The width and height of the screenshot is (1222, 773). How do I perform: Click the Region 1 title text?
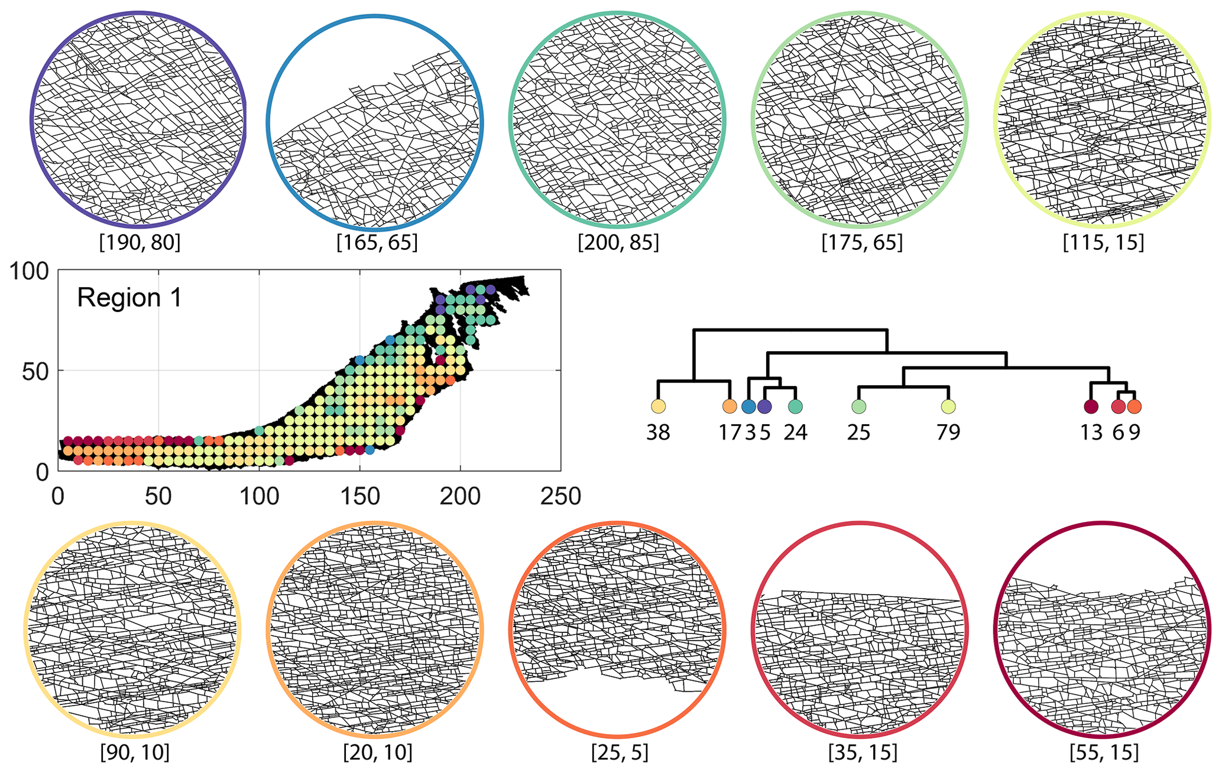129,298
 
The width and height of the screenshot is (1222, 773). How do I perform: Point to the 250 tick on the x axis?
560,496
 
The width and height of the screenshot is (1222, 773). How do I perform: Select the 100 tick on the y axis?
28,272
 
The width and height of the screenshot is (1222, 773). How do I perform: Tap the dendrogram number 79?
948,433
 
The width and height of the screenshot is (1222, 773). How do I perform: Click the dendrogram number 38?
658,433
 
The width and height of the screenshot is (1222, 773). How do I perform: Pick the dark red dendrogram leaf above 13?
1091,407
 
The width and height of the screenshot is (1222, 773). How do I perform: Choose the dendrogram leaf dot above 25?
858,407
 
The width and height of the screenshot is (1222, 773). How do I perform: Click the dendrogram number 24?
795,433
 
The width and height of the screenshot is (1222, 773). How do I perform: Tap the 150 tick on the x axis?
359,496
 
